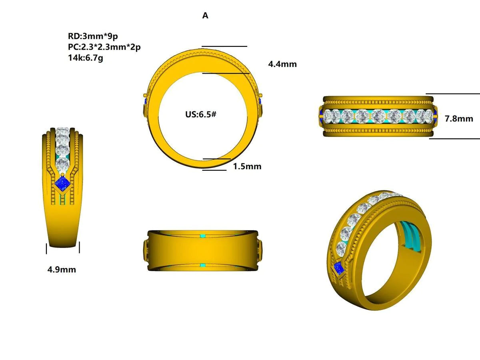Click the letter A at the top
(205, 16)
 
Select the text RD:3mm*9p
(93, 36)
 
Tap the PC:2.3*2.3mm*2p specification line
(104, 47)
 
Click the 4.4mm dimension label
(282, 64)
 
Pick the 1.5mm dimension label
(247, 166)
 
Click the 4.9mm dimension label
(62, 270)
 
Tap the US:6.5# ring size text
(201, 114)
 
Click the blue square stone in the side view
(62, 184)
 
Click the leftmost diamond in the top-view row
(330, 116)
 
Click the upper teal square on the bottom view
(202, 236)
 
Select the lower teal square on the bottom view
(202, 266)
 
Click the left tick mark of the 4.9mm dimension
(47, 248)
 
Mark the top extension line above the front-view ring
(224, 46)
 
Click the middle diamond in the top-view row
(378, 116)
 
